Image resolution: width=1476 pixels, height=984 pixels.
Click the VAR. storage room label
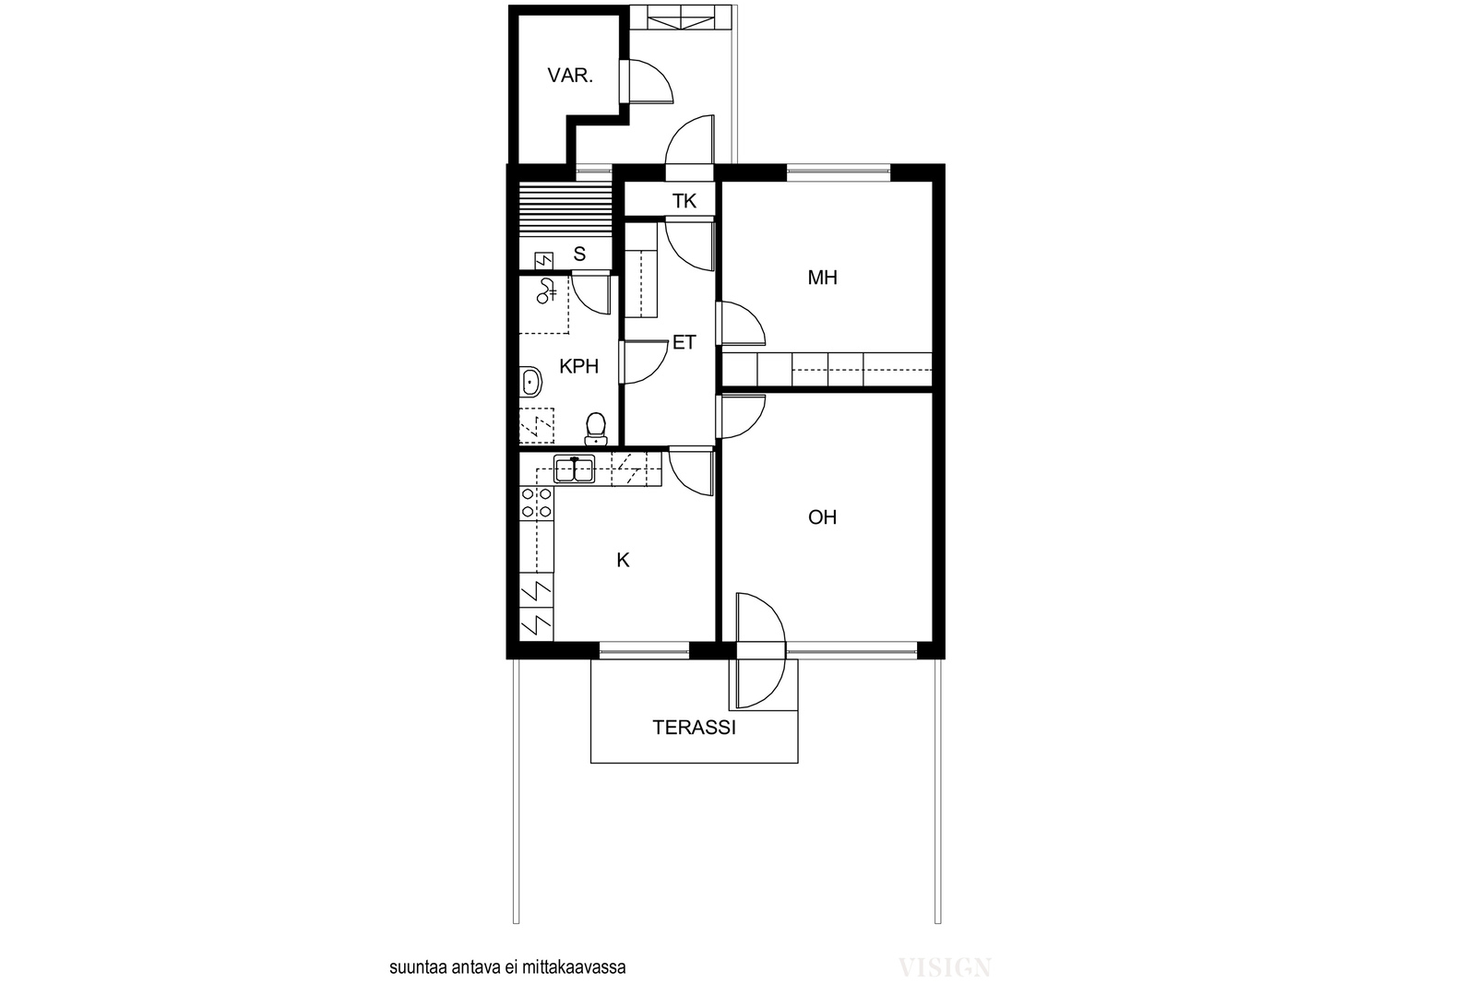click(x=570, y=76)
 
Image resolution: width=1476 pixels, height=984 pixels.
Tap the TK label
click(x=684, y=201)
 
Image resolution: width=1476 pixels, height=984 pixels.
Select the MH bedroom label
click(x=822, y=278)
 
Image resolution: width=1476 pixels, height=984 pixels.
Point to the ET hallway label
click(x=684, y=342)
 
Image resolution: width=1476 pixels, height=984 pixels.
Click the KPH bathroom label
click(x=578, y=366)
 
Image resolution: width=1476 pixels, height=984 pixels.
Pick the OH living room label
click(x=822, y=517)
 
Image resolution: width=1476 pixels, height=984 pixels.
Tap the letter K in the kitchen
click(x=623, y=560)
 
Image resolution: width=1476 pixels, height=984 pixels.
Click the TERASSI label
click(x=694, y=727)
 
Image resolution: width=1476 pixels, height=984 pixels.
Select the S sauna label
click(x=579, y=254)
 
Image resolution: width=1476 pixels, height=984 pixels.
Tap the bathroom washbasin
click(x=530, y=383)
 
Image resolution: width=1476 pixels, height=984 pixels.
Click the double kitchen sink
click(x=574, y=469)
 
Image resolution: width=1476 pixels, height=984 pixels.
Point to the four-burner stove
click(x=536, y=503)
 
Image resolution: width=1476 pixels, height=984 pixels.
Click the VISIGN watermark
click(x=945, y=967)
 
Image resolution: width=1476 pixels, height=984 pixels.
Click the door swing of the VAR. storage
click(x=647, y=82)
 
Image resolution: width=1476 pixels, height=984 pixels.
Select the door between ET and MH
click(x=741, y=324)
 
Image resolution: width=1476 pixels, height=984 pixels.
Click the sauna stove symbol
click(x=543, y=261)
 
